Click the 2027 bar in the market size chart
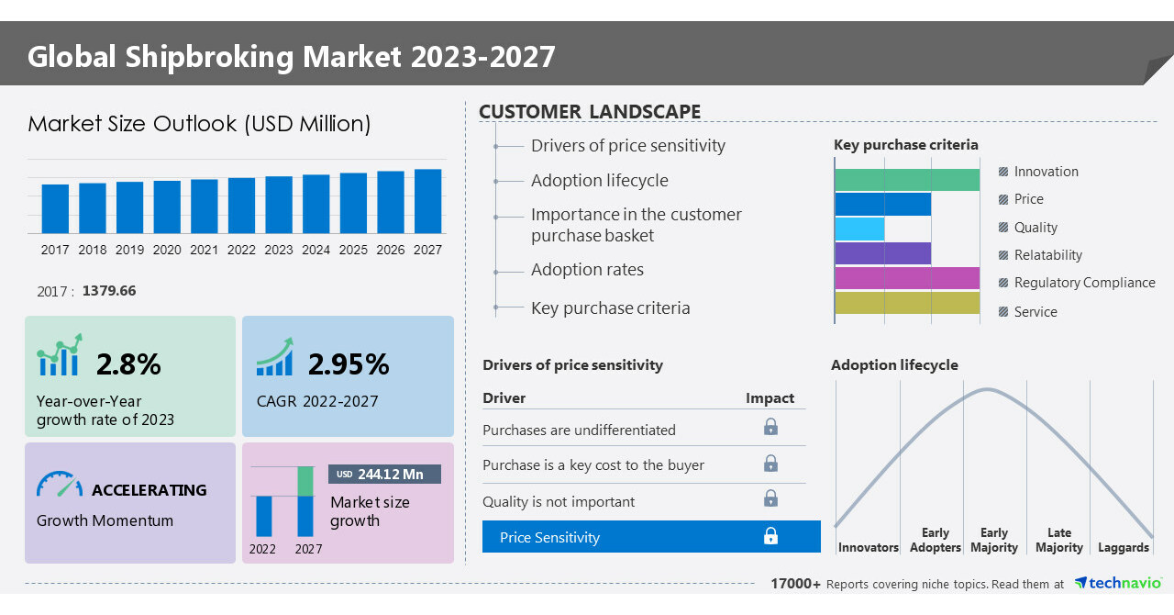427,201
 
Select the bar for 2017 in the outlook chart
55,208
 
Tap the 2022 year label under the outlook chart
241,250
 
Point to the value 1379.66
109,291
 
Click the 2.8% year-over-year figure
128,364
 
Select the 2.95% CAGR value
349,364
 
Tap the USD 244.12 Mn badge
384,475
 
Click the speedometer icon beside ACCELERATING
59,485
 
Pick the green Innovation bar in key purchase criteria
907,180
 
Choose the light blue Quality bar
860,229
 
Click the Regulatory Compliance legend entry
1084,283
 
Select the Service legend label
1036,312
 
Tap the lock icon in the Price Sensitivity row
770,536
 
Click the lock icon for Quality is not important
770,498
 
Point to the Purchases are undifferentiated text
579,430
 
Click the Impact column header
770,397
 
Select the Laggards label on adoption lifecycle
1123,548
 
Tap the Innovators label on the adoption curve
868,548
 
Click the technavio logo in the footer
1118,583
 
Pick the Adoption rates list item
587,270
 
